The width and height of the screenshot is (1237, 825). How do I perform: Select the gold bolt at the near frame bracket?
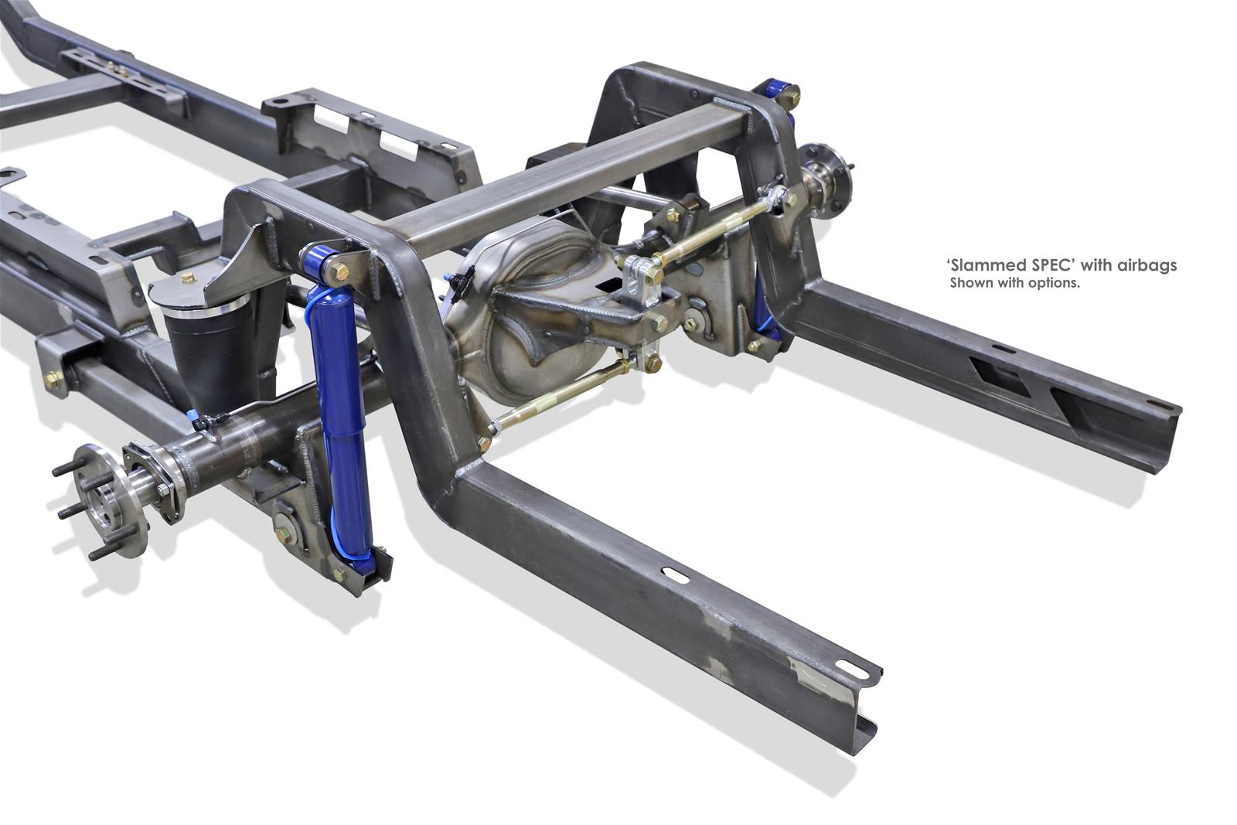(53, 380)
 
